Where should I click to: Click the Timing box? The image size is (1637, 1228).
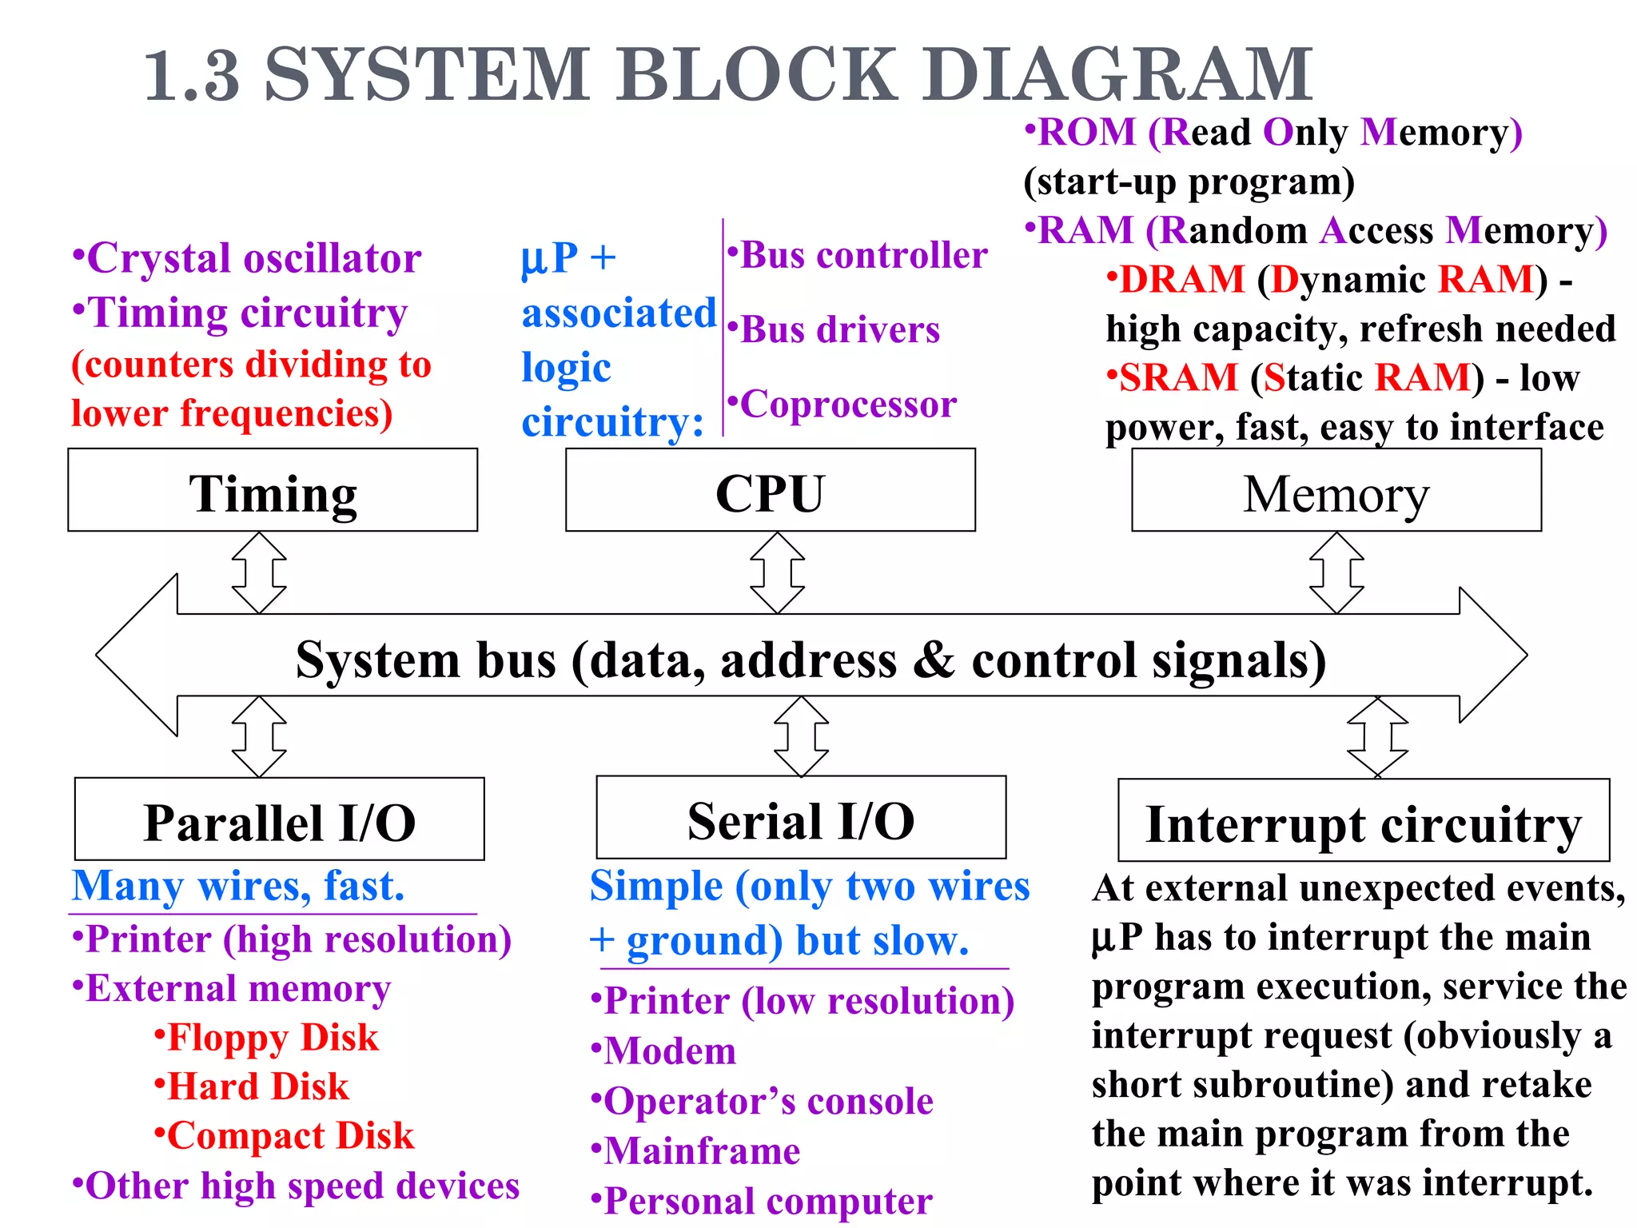click(x=273, y=490)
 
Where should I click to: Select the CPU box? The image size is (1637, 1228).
click(x=770, y=490)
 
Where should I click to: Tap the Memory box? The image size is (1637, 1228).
click(x=1336, y=490)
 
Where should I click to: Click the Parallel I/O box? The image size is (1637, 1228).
click(x=279, y=819)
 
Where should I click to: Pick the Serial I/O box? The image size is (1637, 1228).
click(x=801, y=818)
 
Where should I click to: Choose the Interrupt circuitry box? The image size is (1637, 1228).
click(x=1363, y=821)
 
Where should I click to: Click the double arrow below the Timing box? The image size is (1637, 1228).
click(x=259, y=573)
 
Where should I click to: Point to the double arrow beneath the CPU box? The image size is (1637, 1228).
click(x=778, y=573)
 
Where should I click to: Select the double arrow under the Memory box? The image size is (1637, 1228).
click(x=1336, y=573)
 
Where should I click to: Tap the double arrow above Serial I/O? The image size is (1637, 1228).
click(x=801, y=736)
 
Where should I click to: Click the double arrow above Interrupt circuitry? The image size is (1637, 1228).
click(x=1377, y=737)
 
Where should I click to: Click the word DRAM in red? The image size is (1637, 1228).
click(x=1181, y=280)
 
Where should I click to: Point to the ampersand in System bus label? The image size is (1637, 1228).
click(x=933, y=660)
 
